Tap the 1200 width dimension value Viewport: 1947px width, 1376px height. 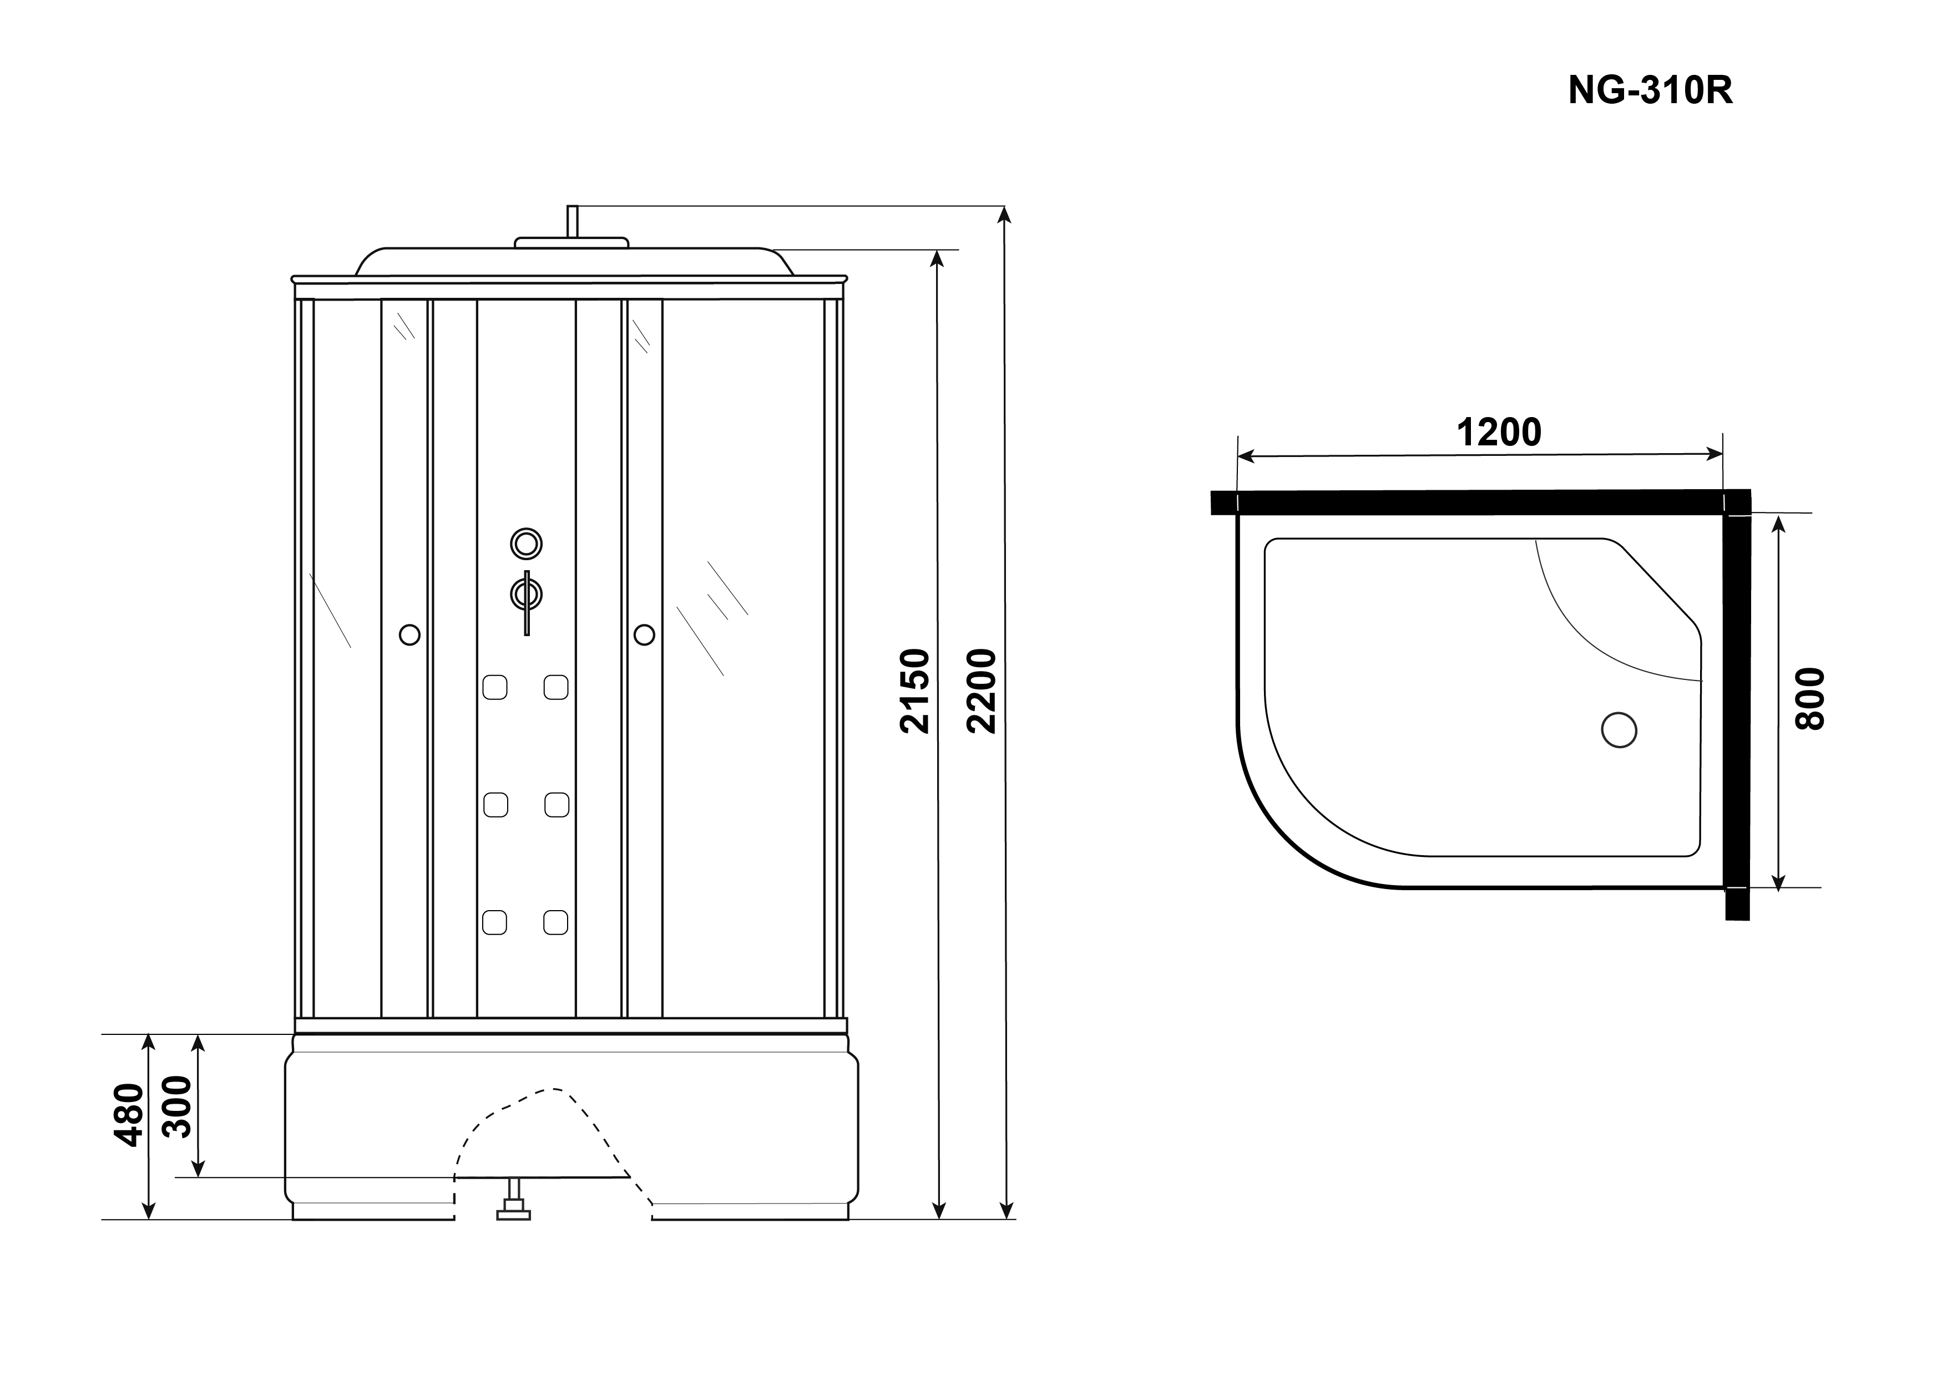coord(1499,433)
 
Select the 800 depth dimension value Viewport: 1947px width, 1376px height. coord(1809,699)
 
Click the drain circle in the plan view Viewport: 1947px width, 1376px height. coord(1619,730)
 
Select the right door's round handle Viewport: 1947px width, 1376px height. coord(644,634)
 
